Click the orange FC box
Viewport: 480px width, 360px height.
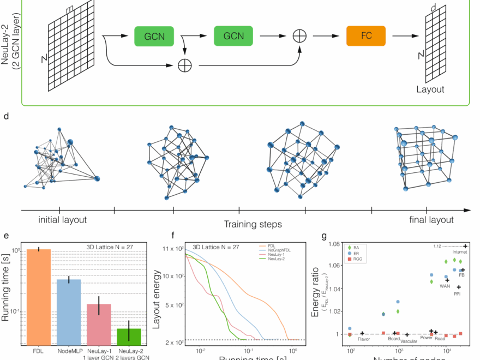366,36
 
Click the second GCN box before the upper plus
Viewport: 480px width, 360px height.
233,36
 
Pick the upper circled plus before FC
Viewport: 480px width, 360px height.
299,36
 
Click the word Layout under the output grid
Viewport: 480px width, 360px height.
430,89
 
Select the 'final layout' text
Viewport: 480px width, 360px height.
431,220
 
